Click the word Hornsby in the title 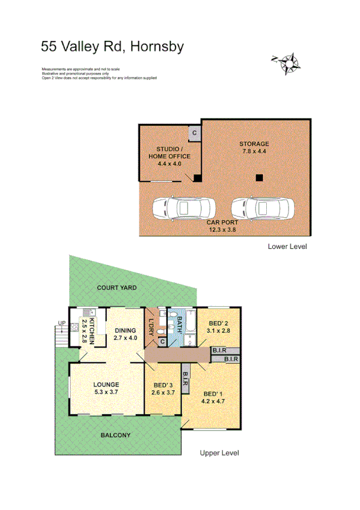tap(159, 46)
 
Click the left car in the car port tap(183, 210)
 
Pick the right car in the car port tap(262, 210)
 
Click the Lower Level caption tap(287, 247)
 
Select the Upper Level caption tap(219, 453)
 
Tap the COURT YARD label tap(117, 288)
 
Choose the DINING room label tap(126, 334)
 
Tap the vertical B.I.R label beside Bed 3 tap(186, 378)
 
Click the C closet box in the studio tap(194, 133)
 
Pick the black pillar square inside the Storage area tap(258, 177)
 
